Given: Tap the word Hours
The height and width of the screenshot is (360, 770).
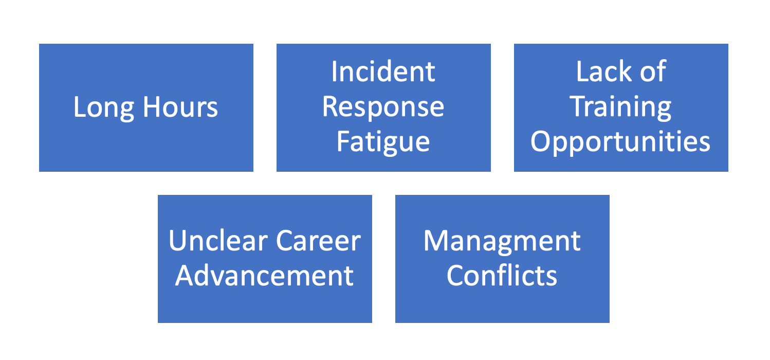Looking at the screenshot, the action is [180, 107].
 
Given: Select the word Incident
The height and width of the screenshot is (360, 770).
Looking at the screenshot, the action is [383, 71].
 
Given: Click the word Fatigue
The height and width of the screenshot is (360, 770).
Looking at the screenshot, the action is [383, 142].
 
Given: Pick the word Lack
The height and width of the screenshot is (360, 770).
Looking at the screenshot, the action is [603, 71].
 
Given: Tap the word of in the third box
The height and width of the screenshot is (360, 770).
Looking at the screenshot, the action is [653, 71].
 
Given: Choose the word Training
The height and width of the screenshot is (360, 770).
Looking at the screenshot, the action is [620, 107].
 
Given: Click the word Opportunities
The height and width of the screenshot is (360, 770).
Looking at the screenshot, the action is [620, 142].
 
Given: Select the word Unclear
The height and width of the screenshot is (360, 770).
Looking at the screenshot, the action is [218, 241].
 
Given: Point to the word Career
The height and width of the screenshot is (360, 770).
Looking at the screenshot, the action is [318, 241].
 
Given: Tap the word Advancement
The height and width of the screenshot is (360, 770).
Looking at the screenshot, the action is [264, 276].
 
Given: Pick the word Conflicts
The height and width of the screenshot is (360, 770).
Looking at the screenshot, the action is [502, 276].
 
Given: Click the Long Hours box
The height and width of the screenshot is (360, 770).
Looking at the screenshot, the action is [146, 107].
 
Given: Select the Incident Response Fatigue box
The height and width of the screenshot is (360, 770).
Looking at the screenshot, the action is [383, 107].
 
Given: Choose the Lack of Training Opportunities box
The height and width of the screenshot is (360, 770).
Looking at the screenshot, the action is [621, 107].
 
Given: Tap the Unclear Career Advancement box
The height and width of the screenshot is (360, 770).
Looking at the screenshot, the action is [265, 259].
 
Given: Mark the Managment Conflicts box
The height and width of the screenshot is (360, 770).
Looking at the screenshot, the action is [502, 259].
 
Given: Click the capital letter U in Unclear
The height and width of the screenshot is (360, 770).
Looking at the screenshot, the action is [178, 241].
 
